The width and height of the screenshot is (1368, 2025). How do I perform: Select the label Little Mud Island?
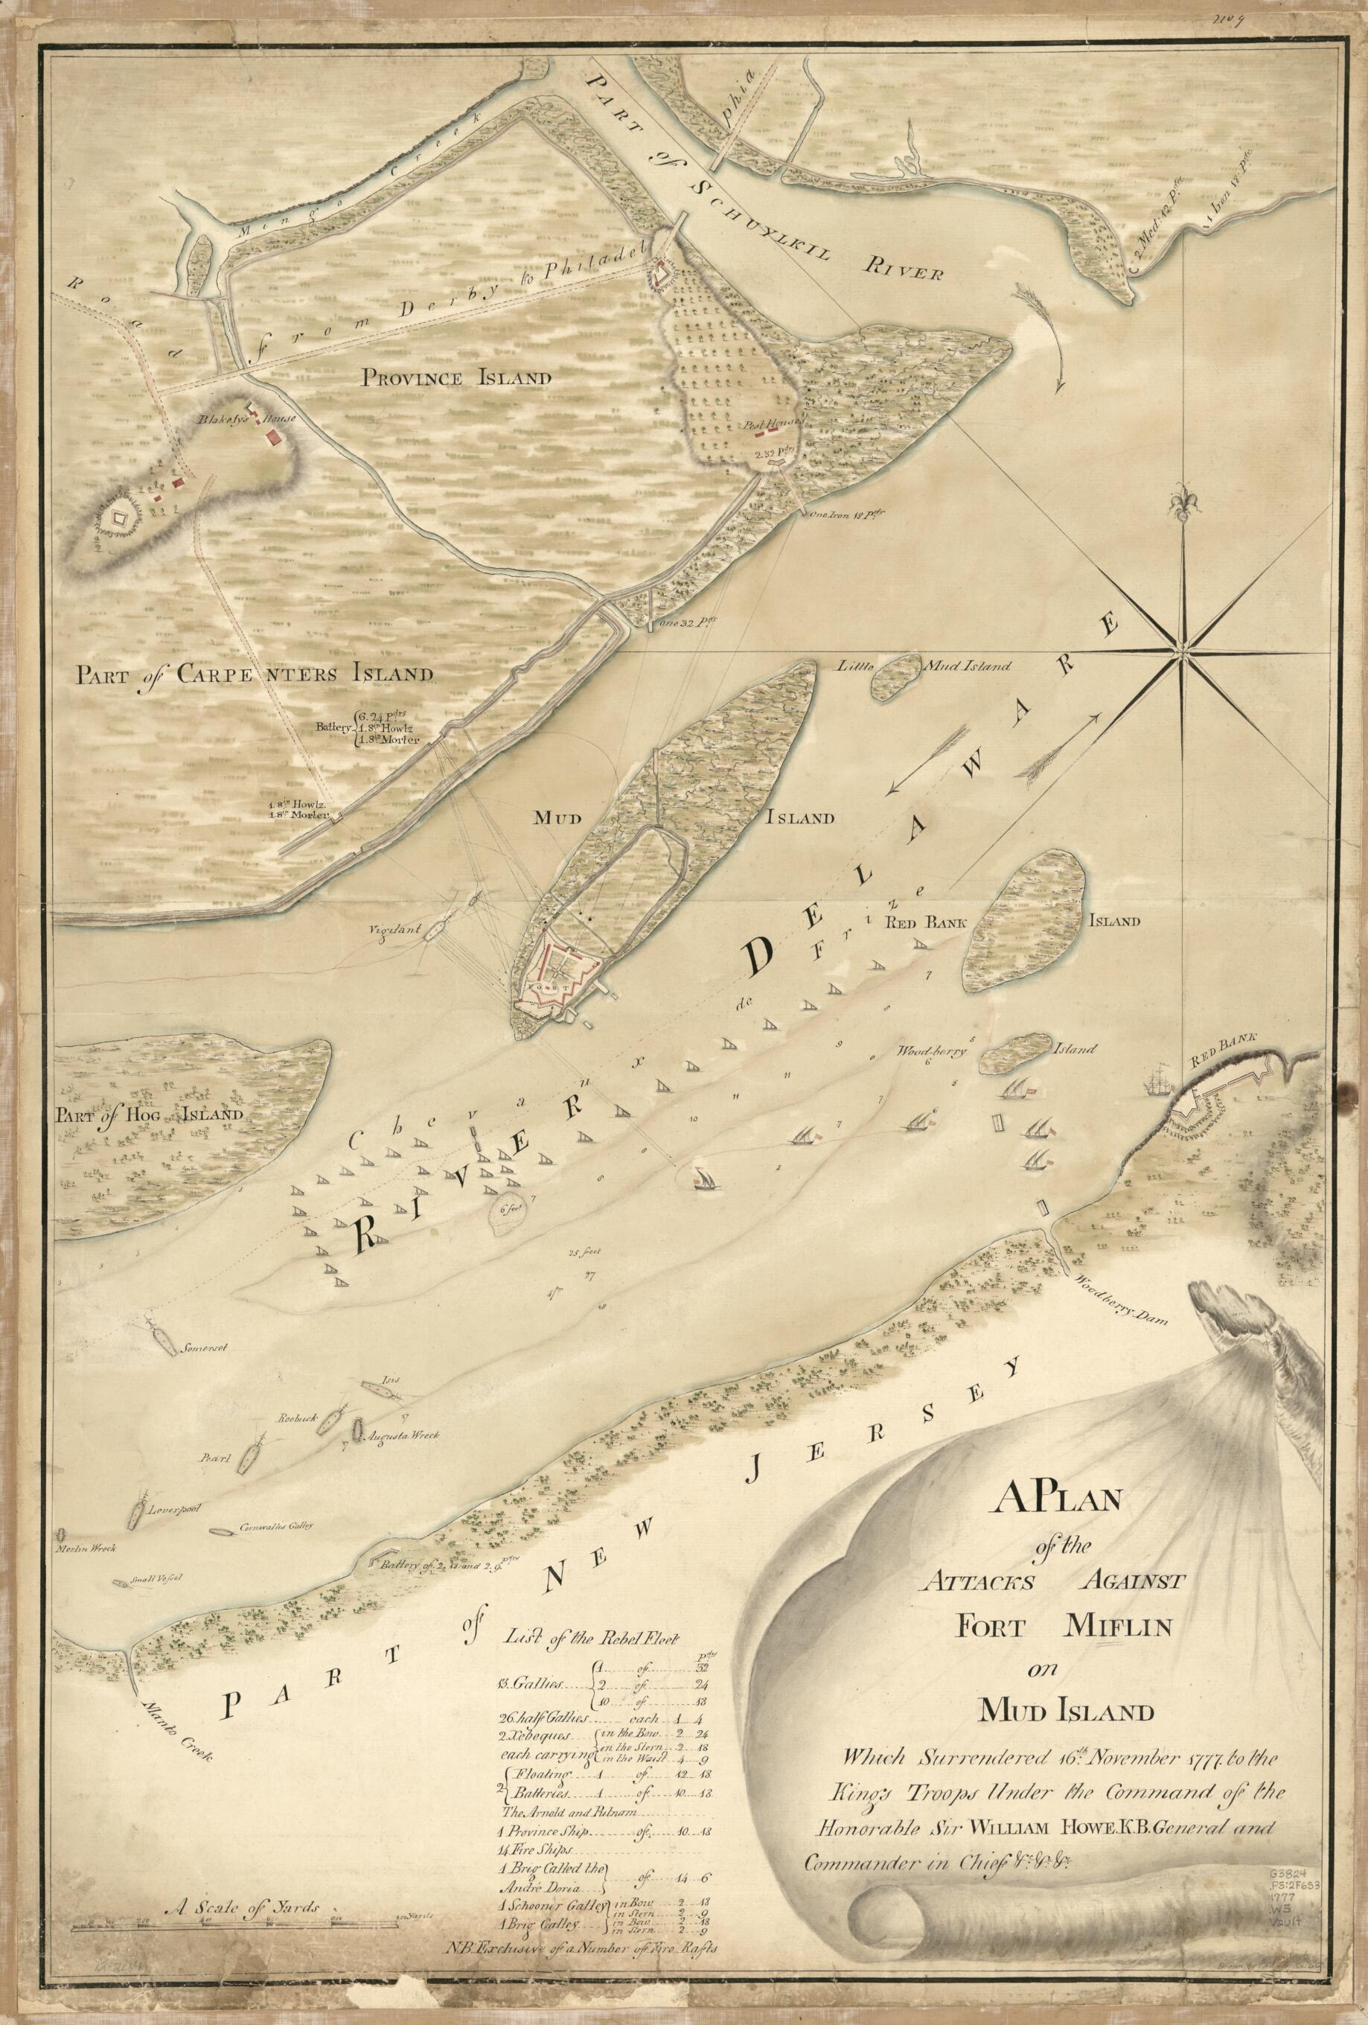(924, 666)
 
